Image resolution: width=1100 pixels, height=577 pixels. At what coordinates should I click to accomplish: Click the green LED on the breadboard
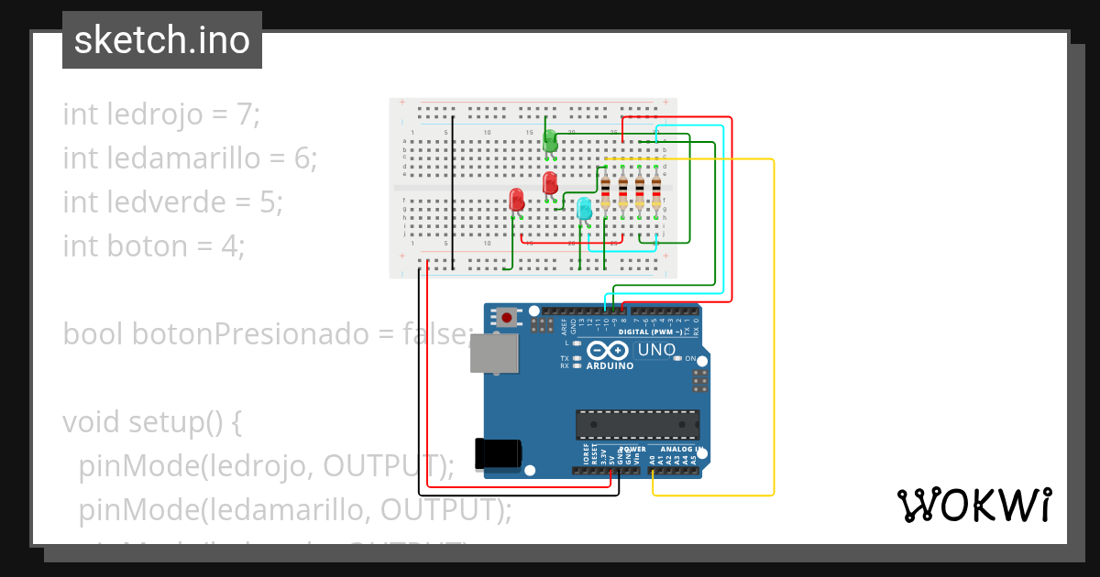click(x=550, y=140)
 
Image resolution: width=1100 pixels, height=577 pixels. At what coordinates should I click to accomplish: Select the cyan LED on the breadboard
click(x=584, y=208)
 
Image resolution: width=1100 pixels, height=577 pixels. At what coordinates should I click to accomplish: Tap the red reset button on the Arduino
click(x=506, y=318)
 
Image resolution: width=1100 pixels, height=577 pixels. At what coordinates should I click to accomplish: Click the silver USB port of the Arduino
click(x=493, y=353)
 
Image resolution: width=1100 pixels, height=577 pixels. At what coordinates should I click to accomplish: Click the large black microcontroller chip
click(x=637, y=424)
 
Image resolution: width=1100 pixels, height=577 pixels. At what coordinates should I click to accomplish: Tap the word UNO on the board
click(x=656, y=350)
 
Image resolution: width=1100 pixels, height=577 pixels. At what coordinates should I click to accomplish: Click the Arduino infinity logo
click(x=607, y=351)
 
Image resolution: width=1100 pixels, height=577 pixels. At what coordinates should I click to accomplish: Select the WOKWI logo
click(x=974, y=505)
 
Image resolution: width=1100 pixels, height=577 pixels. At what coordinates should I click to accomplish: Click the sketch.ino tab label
click(x=162, y=40)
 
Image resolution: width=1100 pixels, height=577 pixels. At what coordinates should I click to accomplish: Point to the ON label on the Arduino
click(x=691, y=359)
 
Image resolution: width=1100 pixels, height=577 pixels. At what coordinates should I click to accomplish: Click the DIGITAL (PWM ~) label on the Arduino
click(x=658, y=331)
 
